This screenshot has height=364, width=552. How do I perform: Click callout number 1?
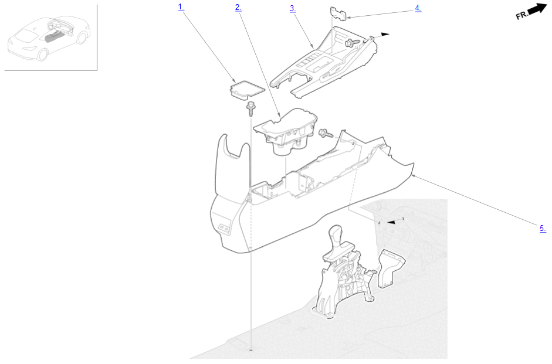(x=181, y=6)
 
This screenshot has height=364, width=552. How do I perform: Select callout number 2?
(x=238, y=8)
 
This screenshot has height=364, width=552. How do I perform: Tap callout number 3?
(x=293, y=8)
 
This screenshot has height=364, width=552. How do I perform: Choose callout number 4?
(x=418, y=8)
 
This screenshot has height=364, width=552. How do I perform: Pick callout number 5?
(x=543, y=228)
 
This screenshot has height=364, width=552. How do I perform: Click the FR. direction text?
(x=522, y=15)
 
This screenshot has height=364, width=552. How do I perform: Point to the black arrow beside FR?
(x=538, y=9)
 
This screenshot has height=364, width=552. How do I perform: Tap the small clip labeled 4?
(x=338, y=13)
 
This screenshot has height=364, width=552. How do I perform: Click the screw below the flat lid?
(x=251, y=109)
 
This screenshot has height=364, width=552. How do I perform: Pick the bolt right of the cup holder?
(x=326, y=134)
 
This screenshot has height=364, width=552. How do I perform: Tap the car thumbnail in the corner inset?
(x=49, y=37)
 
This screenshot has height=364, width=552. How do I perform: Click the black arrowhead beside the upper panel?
(x=385, y=35)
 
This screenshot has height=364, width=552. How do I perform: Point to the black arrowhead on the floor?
(x=391, y=222)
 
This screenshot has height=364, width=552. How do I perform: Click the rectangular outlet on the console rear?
(x=224, y=228)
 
